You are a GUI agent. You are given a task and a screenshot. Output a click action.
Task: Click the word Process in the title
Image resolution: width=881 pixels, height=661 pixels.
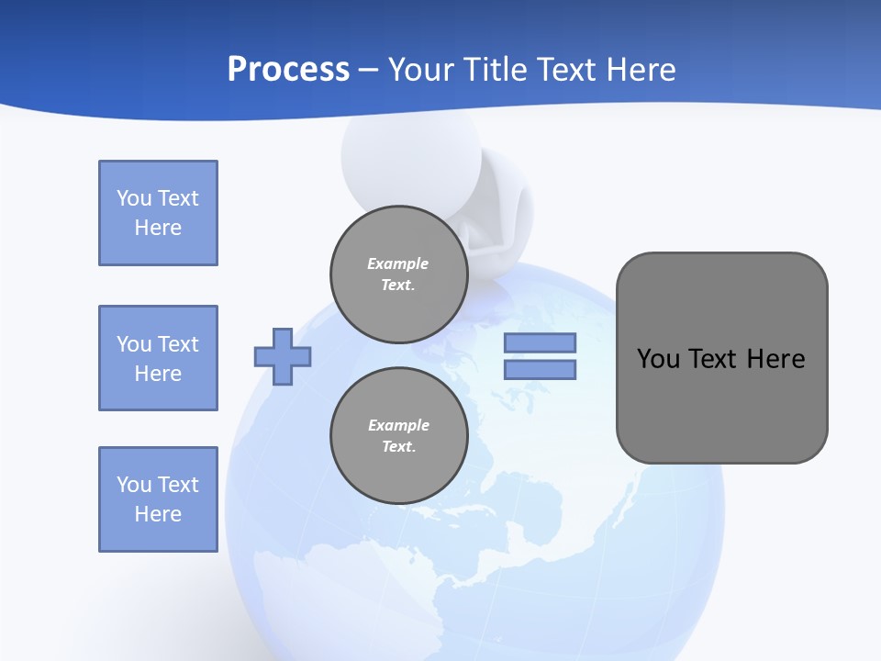pyautogui.click(x=288, y=70)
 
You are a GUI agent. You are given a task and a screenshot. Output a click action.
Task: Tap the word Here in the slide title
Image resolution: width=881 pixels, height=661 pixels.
pyautogui.click(x=639, y=70)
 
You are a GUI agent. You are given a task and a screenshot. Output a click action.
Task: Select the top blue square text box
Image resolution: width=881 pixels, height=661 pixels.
pyautogui.click(x=158, y=213)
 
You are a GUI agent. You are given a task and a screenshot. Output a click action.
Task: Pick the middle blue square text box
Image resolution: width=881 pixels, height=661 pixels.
pyautogui.click(x=158, y=358)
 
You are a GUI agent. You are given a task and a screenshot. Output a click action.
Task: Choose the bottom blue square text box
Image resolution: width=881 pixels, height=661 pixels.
pyautogui.click(x=158, y=499)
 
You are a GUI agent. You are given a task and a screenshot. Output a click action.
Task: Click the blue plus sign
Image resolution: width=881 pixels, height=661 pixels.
pyautogui.click(x=283, y=356)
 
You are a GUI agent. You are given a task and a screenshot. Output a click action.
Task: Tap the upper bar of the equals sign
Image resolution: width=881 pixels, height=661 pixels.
pyautogui.click(x=540, y=342)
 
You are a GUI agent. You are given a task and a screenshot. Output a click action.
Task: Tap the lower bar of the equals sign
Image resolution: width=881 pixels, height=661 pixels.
pyautogui.click(x=540, y=369)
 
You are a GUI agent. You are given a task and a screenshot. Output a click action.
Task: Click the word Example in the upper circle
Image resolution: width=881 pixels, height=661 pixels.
pyautogui.click(x=397, y=263)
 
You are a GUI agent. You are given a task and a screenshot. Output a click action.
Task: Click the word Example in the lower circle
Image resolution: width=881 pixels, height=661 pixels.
pyautogui.click(x=398, y=425)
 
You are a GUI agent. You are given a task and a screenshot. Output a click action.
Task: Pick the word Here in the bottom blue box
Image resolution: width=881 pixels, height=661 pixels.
pyautogui.click(x=158, y=514)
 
